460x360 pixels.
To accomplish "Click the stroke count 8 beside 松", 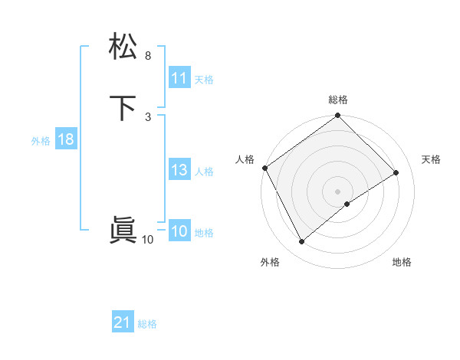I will click(x=148, y=56).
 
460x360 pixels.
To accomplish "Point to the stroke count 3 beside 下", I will click(x=148, y=116).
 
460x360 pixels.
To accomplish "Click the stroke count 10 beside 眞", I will click(x=148, y=240).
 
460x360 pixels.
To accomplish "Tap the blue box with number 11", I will click(x=179, y=78).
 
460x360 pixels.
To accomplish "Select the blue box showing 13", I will click(x=179, y=170).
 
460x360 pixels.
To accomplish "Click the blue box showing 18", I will click(x=65, y=139).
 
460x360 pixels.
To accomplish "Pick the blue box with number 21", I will click(x=123, y=322).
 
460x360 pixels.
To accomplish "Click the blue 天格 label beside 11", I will click(x=204, y=80).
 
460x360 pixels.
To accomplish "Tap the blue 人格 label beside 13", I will click(x=204, y=172).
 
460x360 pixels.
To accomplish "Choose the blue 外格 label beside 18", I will click(x=41, y=141).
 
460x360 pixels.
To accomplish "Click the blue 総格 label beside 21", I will click(x=147, y=324).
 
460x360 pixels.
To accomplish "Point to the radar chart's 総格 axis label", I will click(x=338, y=100).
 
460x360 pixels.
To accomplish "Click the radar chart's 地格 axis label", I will click(x=402, y=263).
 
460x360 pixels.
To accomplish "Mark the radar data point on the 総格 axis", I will click(x=338, y=116).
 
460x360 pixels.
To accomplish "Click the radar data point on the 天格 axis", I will click(x=396, y=173).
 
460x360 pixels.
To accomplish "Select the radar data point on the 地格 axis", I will click(x=347, y=204).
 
